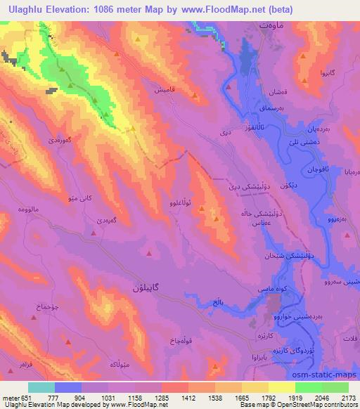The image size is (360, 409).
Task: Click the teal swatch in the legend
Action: [41, 387]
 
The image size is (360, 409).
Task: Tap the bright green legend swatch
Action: [309, 387]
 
